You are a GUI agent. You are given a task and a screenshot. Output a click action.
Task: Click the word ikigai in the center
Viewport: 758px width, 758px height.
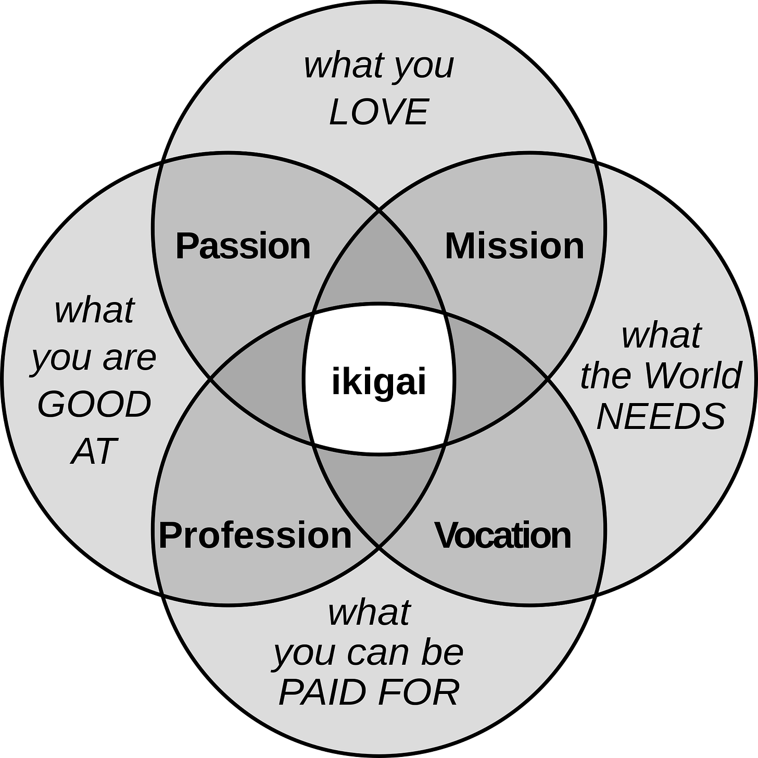pos(379,382)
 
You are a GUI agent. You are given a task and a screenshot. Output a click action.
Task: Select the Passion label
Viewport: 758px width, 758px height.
pos(243,246)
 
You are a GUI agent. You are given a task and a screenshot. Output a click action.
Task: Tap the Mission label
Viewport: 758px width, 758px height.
pos(514,246)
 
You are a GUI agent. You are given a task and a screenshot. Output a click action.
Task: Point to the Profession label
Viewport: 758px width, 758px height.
pos(255,535)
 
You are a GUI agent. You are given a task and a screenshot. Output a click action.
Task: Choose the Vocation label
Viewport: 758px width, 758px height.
pos(503,535)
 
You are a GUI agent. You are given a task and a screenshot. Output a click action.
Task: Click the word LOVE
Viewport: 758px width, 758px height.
pos(378,112)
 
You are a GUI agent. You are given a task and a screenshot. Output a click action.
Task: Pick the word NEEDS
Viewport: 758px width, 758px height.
pos(661,416)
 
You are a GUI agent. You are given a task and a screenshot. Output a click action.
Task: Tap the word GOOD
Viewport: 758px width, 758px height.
pos(94,405)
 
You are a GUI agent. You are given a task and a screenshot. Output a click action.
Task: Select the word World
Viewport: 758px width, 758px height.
pos(692,375)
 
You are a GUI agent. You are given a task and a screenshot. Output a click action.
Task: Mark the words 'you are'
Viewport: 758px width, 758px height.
pos(94,358)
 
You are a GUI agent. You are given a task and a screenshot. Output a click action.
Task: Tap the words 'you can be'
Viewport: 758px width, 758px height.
pos(368,653)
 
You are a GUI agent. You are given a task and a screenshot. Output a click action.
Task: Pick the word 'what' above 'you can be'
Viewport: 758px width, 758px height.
pos(369,613)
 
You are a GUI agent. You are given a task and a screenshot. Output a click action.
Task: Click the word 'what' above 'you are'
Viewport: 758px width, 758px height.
pos(94,310)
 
